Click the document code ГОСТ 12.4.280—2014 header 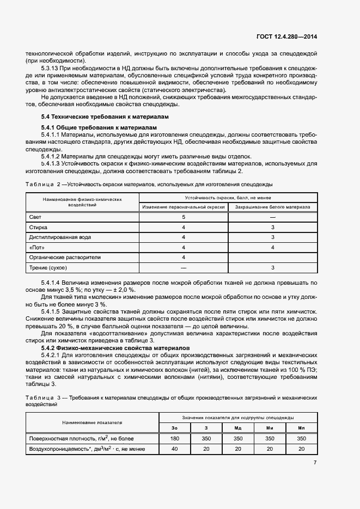(x=286, y=37)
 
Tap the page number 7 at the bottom (x=315, y=463)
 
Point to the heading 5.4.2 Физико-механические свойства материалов (x=115, y=347)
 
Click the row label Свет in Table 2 (x=35, y=217)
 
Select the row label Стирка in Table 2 (x=38, y=227)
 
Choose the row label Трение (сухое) (x=48, y=268)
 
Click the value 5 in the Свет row (x=184, y=217)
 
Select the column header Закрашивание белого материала (x=272, y=207)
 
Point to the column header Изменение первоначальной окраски (x=184, y=207)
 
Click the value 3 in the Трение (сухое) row (x=272, y=268)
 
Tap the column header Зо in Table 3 (x=175, y=428)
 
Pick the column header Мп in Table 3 (x=301, y=428)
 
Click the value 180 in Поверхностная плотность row (x=175, y=438)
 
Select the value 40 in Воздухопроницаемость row (x=175, y=449)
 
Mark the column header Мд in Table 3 (x=238, y=428)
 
